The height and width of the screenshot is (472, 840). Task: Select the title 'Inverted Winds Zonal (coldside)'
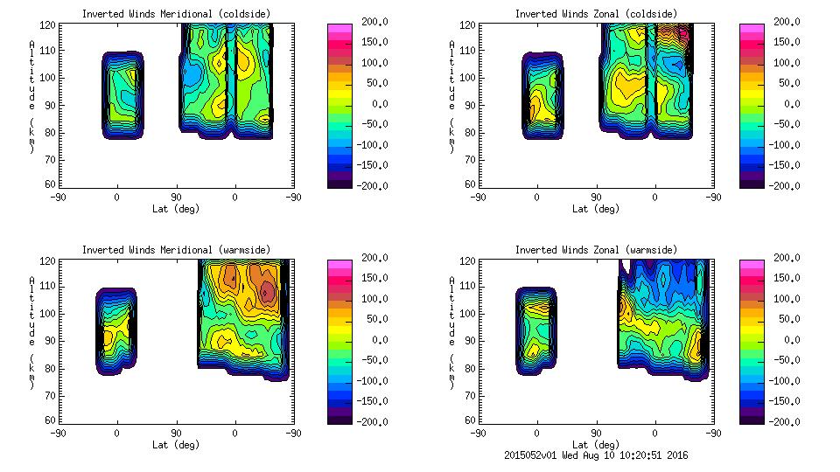tap(596, 13)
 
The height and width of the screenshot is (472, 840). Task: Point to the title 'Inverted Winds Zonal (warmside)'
tap(596, 249)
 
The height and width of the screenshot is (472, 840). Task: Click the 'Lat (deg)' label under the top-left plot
tap(175, 209)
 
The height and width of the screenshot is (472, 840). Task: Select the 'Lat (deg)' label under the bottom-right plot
tap(596, 444)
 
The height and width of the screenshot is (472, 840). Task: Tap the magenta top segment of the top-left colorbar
tap(339, 29)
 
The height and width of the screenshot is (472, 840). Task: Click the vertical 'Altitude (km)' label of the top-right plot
tap(452, 96)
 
